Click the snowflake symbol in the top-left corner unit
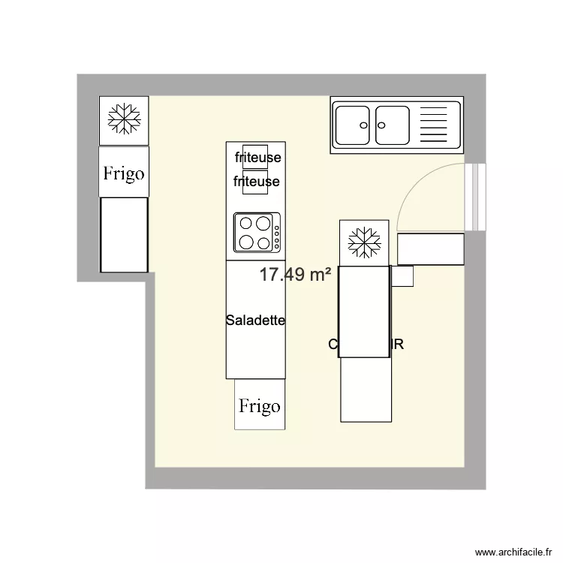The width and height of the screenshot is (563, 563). click(124, 120)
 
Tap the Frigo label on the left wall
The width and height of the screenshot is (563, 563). click(124, 173)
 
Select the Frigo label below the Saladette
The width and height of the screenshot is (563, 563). click(260, 406)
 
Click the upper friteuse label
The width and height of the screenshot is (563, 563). click(257, 158)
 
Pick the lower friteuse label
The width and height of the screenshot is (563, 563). click(257, 181)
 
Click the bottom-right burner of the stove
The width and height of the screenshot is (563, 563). click(263, 242)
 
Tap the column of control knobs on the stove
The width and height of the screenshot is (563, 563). click(276, 233)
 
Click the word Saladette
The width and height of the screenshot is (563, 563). click(255, 321)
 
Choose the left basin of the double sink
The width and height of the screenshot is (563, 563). click(352, 125)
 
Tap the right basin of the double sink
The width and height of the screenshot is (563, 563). click(393, 125)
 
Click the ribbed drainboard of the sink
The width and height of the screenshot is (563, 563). click(436, 125)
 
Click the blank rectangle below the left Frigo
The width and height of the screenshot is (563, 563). click(124, 234)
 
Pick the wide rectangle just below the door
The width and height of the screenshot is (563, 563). click(431, 248)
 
